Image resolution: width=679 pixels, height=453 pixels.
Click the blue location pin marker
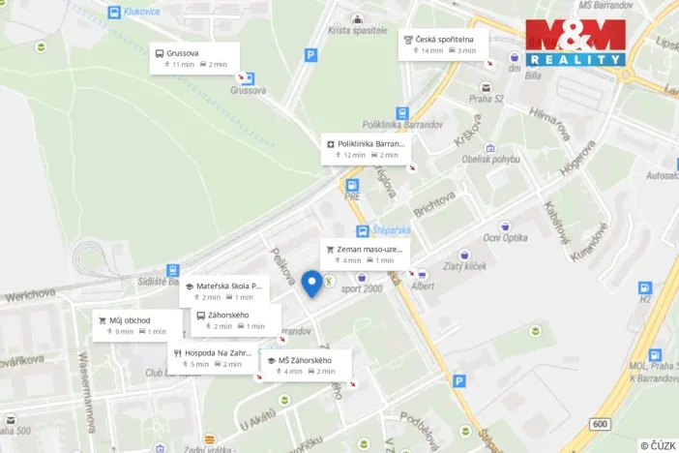311,283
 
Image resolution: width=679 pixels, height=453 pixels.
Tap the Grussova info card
194,58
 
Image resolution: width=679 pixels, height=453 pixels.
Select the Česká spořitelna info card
444,45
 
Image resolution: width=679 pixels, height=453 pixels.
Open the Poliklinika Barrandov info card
368,149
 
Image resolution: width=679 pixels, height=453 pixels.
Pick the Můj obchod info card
136,325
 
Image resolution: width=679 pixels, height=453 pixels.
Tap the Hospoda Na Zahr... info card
214,358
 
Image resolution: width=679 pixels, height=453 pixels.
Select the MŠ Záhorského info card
305,365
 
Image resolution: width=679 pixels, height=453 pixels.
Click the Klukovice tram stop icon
115,14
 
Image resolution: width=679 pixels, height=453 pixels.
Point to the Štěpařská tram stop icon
362,231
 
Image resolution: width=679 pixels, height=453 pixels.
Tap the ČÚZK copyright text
658,445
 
